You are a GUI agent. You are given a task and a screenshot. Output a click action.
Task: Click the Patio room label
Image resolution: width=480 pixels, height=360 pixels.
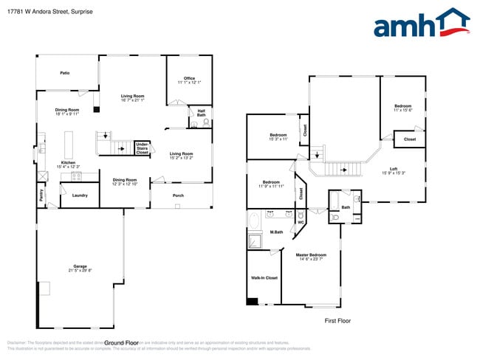coord(65,73)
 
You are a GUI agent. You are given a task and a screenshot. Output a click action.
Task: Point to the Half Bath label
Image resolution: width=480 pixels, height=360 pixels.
coord(201,113)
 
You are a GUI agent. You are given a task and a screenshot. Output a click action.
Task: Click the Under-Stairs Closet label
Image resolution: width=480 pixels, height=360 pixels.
coord(143,148)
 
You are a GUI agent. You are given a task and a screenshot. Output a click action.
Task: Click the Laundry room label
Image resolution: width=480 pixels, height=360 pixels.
coord(80,195)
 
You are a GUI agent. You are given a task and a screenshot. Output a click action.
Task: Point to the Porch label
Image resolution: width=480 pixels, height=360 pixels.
coord(178,195)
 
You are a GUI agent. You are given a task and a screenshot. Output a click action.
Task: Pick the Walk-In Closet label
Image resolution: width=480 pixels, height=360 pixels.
coord(264,278)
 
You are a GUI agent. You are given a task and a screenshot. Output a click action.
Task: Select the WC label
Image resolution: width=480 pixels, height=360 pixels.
coord(300,222)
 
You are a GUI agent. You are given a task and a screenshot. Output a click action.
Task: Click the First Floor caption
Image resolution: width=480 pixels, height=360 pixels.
coord(338,321)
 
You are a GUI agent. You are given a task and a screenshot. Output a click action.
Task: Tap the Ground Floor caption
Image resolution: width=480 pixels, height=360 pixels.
coord(121,343)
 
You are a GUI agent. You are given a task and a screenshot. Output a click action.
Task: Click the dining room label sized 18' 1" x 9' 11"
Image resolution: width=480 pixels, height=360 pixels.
coord(67,111)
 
